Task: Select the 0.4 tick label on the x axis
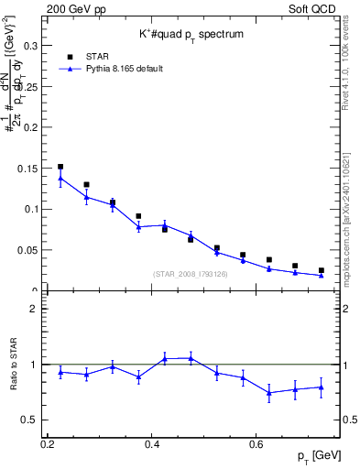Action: (x=153, y=444)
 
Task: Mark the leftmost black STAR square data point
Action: (x=60, y=167)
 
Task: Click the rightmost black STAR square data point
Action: (x=321, y=270)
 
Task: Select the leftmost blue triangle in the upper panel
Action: (x=60, y=178)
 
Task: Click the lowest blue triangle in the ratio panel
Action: (x=269, y=393)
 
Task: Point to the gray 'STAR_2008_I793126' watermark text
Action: (x=191, y=274)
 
